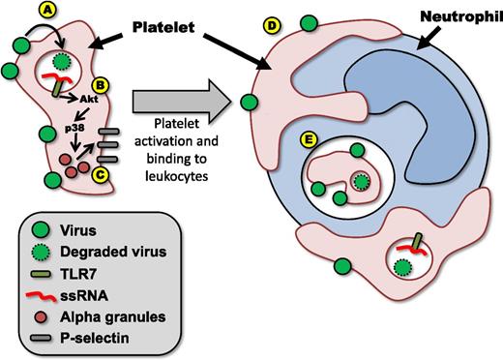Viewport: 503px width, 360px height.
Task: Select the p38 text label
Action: (61, 124)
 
